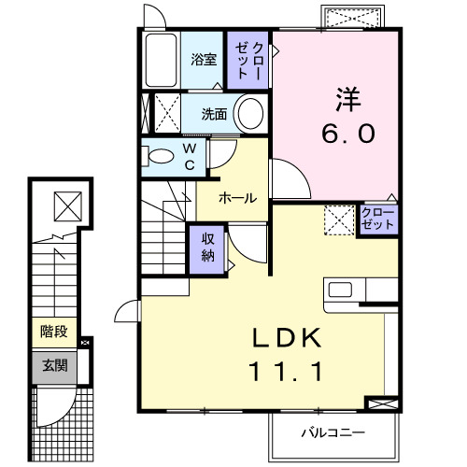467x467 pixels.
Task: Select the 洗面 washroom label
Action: coord(216,115)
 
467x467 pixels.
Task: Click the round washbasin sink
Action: coord(249,115)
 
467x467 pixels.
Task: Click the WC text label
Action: coord(189,156)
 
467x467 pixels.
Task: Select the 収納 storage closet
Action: coord(207,248)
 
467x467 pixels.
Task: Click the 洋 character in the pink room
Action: coord(347,96)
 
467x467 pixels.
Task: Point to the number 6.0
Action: coord(347,134)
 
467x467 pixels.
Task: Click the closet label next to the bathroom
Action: coord(248,59)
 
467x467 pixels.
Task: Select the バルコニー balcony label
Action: coord(332,432)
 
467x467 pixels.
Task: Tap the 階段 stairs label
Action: coord(52,330)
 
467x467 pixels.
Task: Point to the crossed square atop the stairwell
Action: coord(66,202)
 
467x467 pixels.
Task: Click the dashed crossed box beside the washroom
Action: coord(165,114)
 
